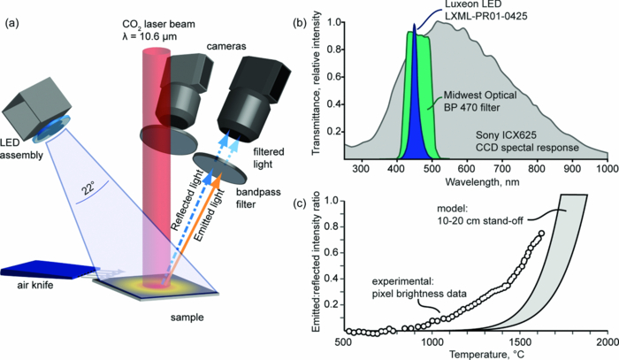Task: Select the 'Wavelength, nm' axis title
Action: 474,180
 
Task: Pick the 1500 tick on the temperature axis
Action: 518,340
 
